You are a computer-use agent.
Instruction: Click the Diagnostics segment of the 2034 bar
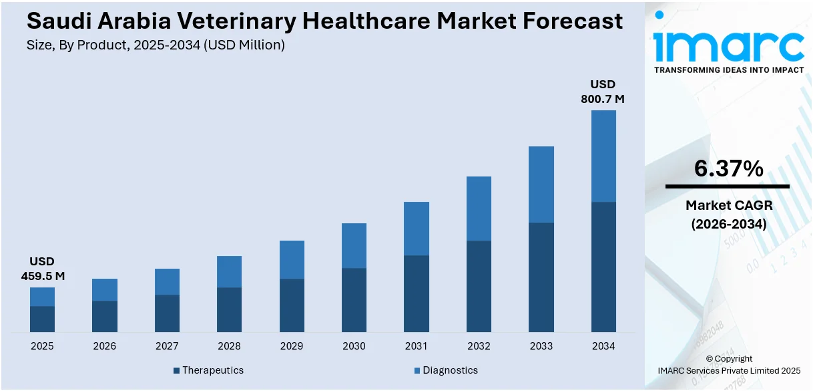[603, 156]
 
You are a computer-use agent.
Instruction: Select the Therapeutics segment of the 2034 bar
[603, 267]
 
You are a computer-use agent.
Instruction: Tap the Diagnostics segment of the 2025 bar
[42, 297]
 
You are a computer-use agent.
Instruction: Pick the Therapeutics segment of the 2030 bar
[354, 300]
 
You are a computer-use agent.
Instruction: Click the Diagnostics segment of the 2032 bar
[479, 209]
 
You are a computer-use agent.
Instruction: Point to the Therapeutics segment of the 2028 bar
[229, 309]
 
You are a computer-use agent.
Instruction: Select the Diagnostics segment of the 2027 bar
[167, 281]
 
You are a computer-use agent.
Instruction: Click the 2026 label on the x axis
[104, 346]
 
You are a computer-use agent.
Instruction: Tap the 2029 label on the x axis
[292, 346]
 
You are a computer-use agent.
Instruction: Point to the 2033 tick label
[541, 346]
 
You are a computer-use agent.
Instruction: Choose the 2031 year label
[417, 346]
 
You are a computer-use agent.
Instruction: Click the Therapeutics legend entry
[208, 370]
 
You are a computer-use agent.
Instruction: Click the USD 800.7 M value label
[602, 92]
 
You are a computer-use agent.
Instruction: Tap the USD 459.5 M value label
[42, 269]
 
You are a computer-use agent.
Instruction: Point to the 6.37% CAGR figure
[728, 169]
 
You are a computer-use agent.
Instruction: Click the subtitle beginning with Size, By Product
[156, 45]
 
